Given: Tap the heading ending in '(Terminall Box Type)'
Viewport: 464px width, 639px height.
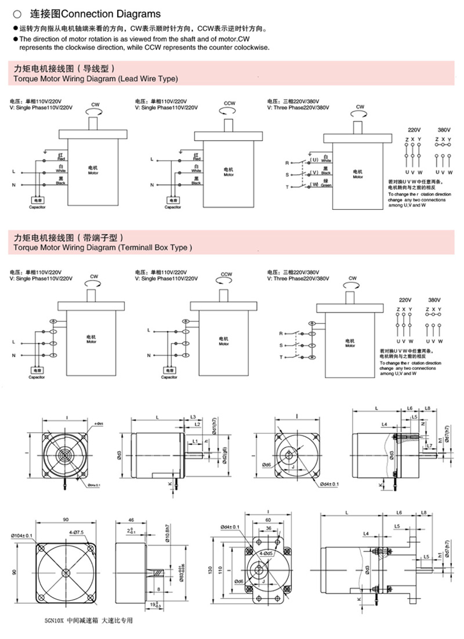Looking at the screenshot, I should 101,247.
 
